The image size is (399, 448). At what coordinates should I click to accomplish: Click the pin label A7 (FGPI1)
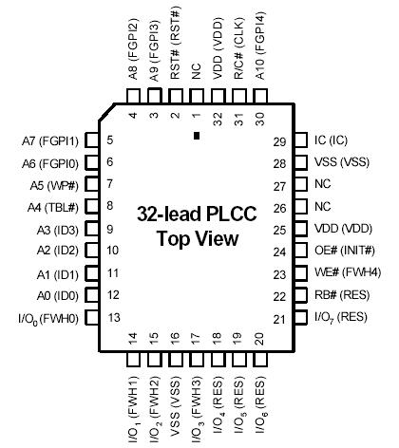pyautogui.click(x=45, y=140)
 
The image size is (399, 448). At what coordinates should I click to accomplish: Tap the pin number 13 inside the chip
pyautogui.click(x=112, y=318)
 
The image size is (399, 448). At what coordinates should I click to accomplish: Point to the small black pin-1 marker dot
pyautogui.click(x=195, y=138)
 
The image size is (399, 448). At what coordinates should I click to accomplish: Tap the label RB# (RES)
pyautogui.click(x=341, y=295)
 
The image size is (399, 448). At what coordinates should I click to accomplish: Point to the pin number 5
pyautogui.click(x=111, y=140)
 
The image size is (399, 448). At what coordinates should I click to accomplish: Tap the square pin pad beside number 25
pyautogui.click(x=301, y=229)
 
